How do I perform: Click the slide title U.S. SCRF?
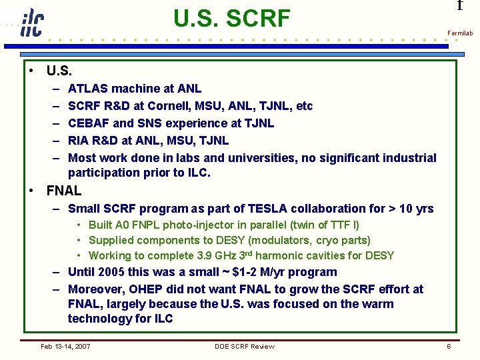(231, 19)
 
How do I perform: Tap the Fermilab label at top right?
(459, 33)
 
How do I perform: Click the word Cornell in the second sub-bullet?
(179, 106)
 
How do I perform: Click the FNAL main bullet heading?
(64, 191)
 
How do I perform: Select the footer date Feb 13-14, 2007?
(65, 346)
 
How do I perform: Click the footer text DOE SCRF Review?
(244, 346)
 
